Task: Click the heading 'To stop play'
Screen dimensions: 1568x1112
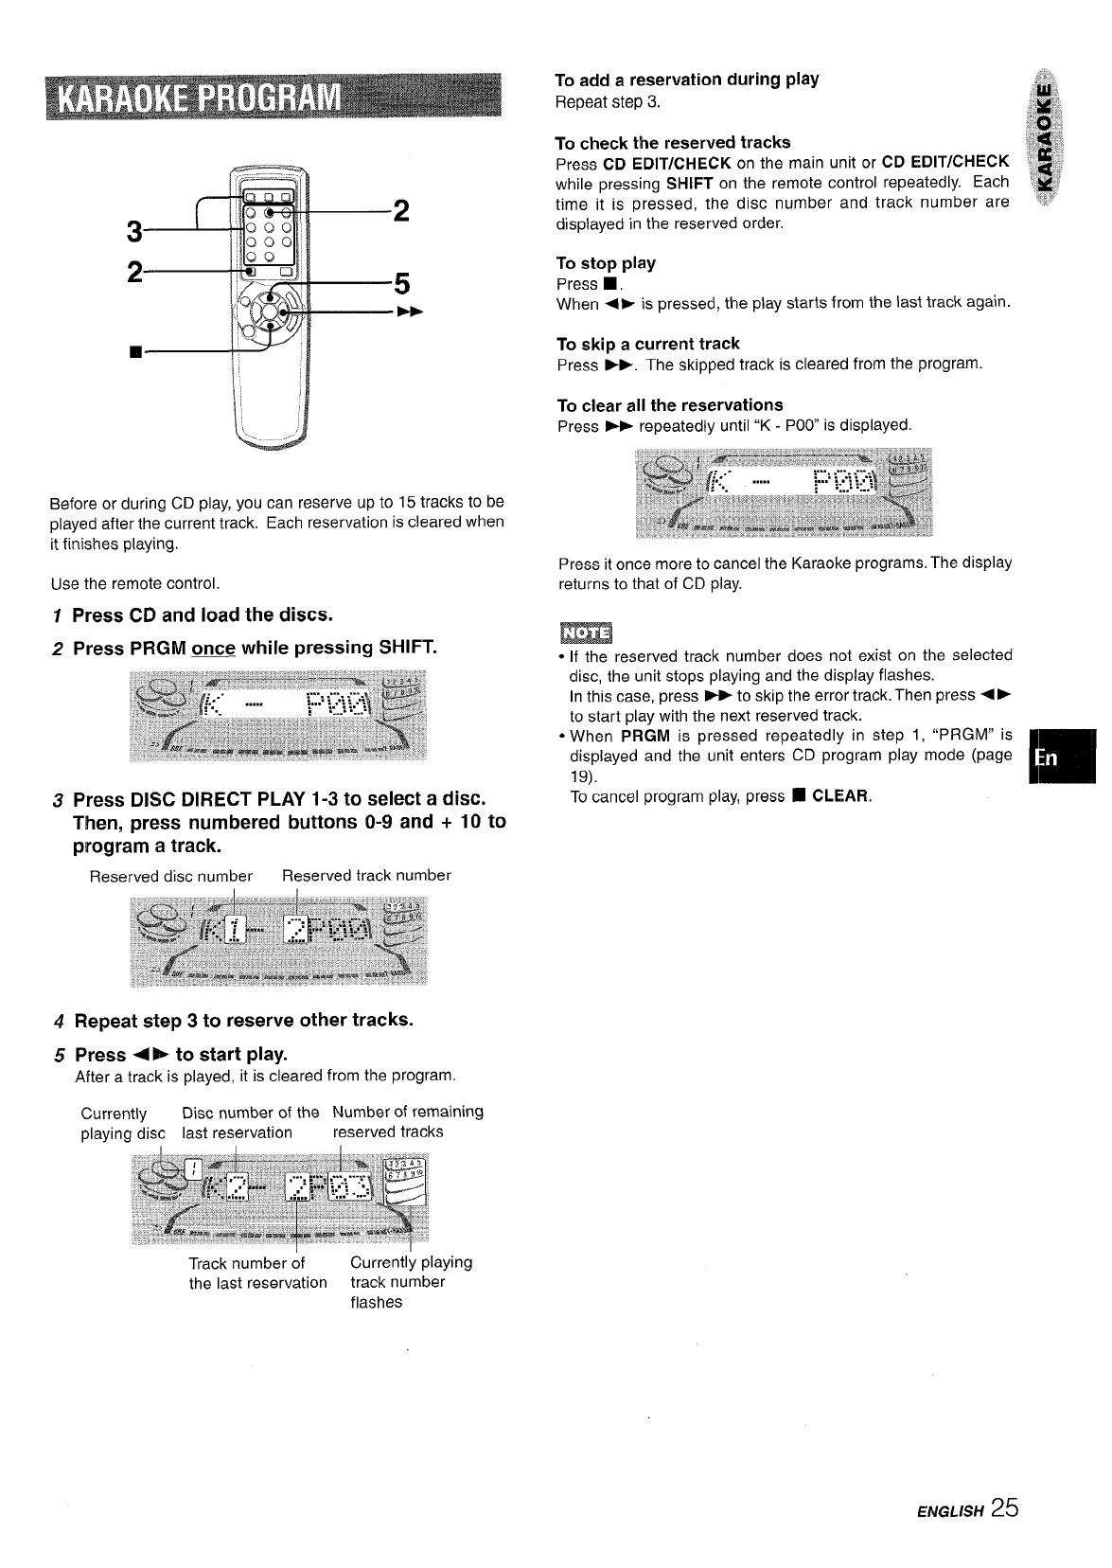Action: click(606, 263)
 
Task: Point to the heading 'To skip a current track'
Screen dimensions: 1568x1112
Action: click(648, 344)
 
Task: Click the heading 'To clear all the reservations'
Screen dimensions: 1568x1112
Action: click(670, 405)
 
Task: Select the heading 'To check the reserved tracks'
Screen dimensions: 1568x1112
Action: click(673, 143)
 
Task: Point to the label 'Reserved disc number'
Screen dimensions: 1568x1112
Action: click(170, 876)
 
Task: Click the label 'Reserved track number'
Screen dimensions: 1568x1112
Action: click(366, 876)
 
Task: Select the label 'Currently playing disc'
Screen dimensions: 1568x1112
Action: click(122, 1123)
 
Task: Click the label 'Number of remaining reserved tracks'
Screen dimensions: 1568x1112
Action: click(407, 1122)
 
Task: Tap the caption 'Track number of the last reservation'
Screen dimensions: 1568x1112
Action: click(257, 1274)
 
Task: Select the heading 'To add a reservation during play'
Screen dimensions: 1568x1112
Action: click(686, 79)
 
